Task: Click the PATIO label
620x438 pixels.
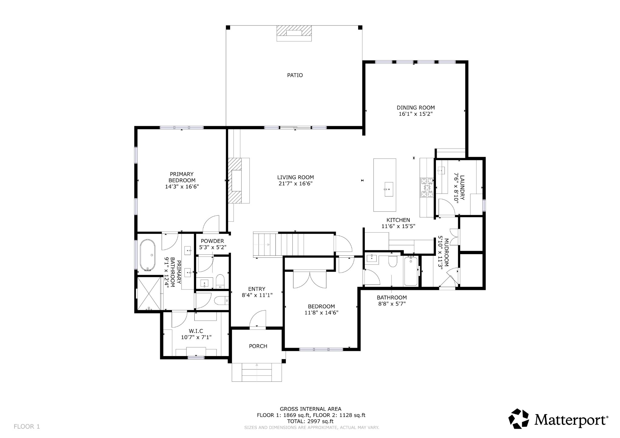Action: tap(295, 75)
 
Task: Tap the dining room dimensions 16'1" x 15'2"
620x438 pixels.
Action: tap(415, 114)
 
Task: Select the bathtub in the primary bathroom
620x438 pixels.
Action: tap(147, 255)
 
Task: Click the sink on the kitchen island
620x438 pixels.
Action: tap(388, 189)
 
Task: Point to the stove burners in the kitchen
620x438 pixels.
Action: tap(427, 188)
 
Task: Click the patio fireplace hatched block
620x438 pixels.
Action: tap(294, 33)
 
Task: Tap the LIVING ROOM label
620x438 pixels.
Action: tap(295, 177)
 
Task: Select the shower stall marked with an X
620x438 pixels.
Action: tap(149, 293)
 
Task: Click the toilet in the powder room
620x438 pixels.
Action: tap(220, 281)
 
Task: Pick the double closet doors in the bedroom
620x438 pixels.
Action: tap(309, 279)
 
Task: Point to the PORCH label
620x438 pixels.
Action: tap(258, 346)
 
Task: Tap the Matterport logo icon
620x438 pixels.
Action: tap(518, 419)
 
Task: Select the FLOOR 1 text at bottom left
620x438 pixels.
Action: tap(27, 427)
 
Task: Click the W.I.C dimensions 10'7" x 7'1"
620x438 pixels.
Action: tap(196, 337)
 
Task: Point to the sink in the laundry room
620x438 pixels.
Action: tap(441, 171)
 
